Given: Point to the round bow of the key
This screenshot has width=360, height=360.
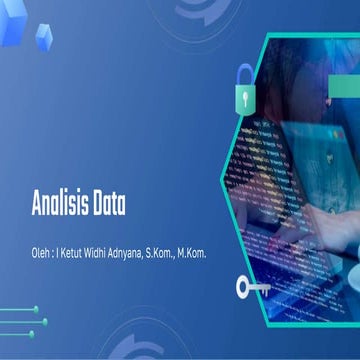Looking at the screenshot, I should pos(244,288).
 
